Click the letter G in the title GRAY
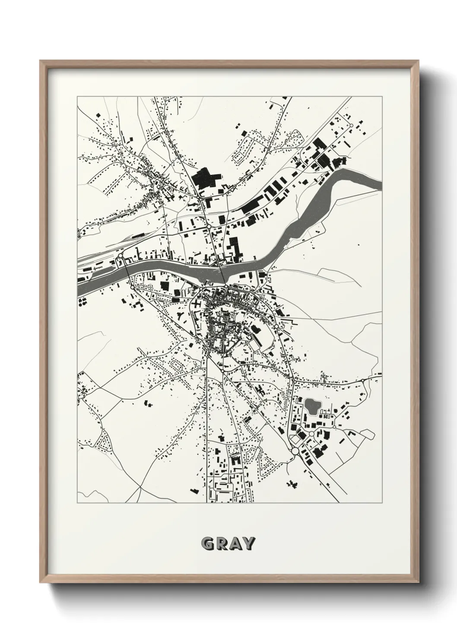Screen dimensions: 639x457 pyautogui.click(x=208, y=544)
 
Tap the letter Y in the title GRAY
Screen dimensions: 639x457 pyautogui.click(x=248, y=544)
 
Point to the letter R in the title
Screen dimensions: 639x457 pyautogui.click(x=221, y=544)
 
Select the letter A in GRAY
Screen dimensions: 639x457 pyautogui.click(x=235, y=544)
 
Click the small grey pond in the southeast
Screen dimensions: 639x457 pyautogui.click(x=311, y=405)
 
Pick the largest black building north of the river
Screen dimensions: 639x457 pyautogui.click(x=206, y=179)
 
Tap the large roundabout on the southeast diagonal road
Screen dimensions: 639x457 pyautogui.click(x=295, y=451)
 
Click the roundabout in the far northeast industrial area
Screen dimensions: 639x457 pyautogui.click(x=352, y=126)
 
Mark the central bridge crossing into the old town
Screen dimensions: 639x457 pyautogui.click(x=222, y=276)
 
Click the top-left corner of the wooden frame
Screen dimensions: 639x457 pyautogui.click(x=41, y=61)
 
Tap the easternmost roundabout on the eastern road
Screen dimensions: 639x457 pyautogui.click(x=364, y=380)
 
